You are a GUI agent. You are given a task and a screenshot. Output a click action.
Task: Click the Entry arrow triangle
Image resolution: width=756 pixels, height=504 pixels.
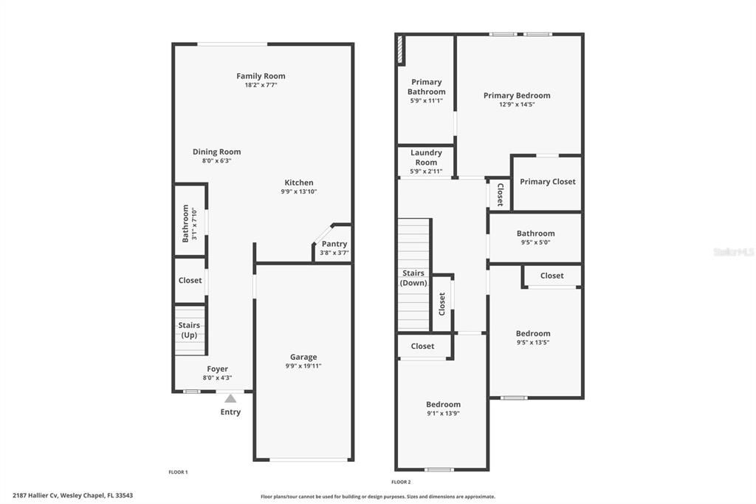pyautogui.click(x=230, y=398)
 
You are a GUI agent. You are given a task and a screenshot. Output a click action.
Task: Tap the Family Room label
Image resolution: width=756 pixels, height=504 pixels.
pyautogui.click(x=261, y=76)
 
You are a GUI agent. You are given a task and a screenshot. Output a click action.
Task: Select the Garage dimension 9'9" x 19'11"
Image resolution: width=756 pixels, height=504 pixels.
pyautogui.click(x=303, y=366)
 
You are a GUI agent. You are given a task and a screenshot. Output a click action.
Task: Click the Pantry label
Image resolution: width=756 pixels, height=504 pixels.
pyautogui.click(x=334, y=244)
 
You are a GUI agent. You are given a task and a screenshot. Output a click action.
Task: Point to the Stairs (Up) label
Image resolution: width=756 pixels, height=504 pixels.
pyautogui.click(x=189, y=330)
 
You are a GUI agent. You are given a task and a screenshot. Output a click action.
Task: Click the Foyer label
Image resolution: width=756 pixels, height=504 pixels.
pyautogui.click(x=217, y=369)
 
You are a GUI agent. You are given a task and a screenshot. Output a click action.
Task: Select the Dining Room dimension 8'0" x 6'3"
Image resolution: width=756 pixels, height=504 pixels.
pyautogui.click(x=216, y=160)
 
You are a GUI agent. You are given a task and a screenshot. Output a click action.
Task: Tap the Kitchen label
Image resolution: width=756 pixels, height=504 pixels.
pyautogui.click(x=299, y=183)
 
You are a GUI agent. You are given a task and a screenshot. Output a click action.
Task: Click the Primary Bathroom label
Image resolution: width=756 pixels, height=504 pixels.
pyautogui.click(x=427, y=86)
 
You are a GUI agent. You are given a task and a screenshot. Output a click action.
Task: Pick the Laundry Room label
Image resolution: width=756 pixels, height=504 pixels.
pyautogui.click(x=426, y=157)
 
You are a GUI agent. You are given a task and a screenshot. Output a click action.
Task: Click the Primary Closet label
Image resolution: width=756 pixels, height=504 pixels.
pyautogui.click(x=547, y=182)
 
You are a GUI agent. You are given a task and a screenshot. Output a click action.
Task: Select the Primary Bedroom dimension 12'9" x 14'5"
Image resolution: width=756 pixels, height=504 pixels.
pyautogui.click(x=517, y=104)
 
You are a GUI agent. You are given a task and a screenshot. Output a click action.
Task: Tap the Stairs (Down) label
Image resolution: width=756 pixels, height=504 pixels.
pyautogui.click(x=413, y=278)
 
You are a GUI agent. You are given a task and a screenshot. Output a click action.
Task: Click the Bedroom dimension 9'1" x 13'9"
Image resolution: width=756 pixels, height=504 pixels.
pyautogui.click(x=443, y=413)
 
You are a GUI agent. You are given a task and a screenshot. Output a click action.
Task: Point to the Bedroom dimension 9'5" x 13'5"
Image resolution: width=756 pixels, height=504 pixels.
pyautogui.click(x=533, y=342)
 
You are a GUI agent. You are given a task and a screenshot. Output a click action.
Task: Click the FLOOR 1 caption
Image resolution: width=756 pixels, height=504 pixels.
pyautogui.click(x=178, y=471)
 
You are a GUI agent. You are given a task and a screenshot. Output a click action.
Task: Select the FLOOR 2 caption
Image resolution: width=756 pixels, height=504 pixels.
pyautogui.click(x=401, y=481)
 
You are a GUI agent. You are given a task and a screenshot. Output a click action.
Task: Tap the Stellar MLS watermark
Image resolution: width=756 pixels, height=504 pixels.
pyautogui.click(x=733, y=252)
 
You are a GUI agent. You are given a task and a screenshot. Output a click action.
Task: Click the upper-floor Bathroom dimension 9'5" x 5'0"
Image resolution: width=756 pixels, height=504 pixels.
pyautogui.click(x=535, y=242)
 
